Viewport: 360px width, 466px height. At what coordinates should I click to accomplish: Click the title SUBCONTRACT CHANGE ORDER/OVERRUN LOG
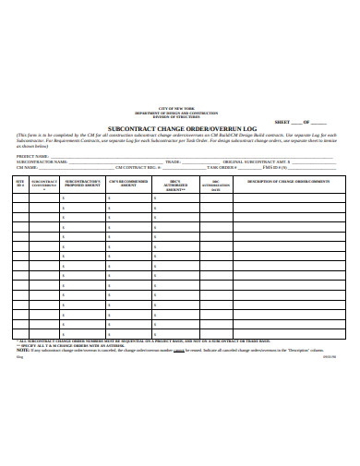[179, 128]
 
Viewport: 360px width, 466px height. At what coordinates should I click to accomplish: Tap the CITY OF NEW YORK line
[179, 108]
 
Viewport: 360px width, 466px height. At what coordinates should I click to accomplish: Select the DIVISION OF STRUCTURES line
[179, 117]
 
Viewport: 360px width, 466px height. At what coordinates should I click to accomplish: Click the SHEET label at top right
[283, 122]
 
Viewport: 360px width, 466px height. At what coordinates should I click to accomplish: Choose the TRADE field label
[172, 161]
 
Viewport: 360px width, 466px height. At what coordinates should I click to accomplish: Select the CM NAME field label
[26, 168]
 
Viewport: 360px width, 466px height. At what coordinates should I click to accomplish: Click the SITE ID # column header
[20, 183]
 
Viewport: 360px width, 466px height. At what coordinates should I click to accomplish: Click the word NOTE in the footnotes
[22, 351]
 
